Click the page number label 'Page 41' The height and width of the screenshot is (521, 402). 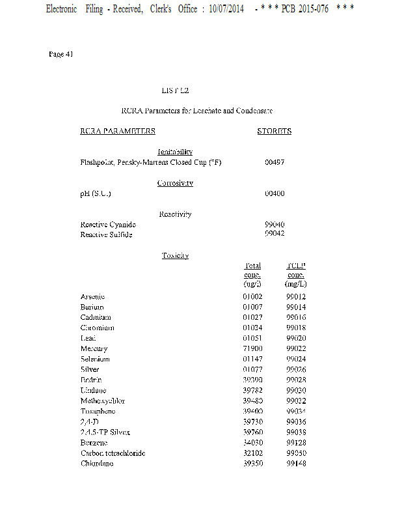60,54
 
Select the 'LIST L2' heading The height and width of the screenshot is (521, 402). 175,91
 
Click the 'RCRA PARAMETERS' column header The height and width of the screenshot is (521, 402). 118,131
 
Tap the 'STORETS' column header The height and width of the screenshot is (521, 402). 275,131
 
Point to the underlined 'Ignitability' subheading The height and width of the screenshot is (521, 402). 175,152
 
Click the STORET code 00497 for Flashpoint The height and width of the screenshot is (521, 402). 275,162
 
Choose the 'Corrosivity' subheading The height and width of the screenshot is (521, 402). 175,183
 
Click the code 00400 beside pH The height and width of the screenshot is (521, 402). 275,193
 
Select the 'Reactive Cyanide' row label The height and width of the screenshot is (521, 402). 108,224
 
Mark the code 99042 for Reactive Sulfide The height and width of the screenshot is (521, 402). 275,234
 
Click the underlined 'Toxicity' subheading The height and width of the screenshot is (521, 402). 175,255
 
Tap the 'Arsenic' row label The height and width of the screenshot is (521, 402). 93,297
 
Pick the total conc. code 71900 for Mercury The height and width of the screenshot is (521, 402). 252,349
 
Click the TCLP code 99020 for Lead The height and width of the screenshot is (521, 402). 296,339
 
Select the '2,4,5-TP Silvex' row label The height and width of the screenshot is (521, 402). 105,432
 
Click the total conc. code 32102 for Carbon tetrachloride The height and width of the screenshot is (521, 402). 252,453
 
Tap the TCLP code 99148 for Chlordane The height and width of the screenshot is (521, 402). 296,464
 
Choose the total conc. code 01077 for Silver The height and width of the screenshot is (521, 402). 252,370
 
